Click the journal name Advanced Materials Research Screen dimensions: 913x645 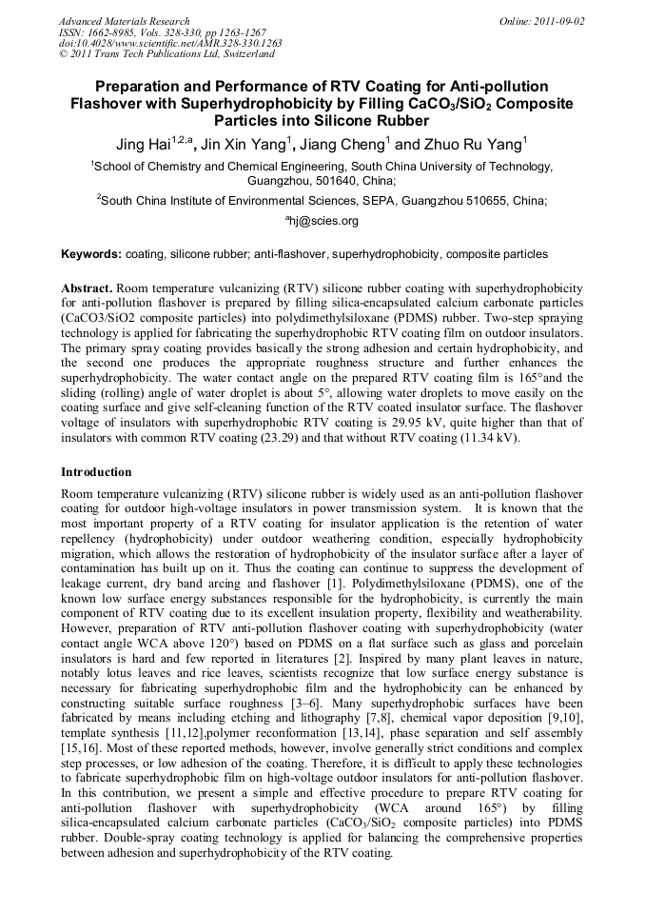124,21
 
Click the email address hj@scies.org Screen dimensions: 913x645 322,221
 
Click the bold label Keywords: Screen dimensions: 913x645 91,255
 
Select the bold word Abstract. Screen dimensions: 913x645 87,288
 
